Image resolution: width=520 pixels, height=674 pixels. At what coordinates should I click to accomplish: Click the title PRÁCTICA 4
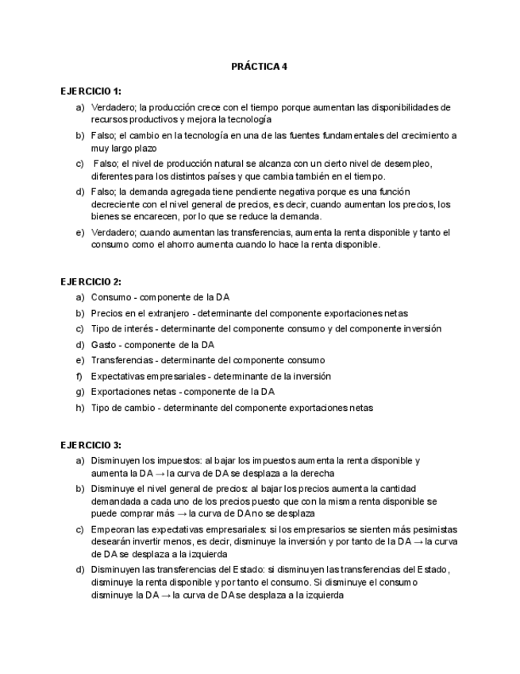(260, 66)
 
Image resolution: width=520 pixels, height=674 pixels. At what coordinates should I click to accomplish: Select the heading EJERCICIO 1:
(91, 91)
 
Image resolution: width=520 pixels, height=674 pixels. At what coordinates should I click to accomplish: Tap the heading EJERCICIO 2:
(91, 281)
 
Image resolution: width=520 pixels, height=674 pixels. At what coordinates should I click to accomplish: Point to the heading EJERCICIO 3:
(91, 444)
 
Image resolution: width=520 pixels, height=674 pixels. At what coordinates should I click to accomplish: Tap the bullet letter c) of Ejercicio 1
(79, 164)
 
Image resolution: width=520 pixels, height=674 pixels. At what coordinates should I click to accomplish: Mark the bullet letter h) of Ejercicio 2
(79, 408)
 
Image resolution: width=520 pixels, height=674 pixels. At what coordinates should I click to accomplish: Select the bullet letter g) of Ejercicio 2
(79, 392)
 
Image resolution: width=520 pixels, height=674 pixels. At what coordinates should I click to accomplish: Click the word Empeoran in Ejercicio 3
(112, 529)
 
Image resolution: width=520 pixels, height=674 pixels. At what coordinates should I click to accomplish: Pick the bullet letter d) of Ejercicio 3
(79, 569)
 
